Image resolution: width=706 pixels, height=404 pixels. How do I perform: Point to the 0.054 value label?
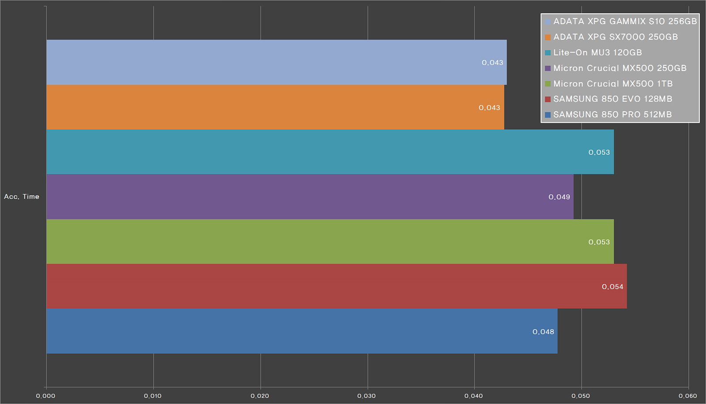pos(612,287)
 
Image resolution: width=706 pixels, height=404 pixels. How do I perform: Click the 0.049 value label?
pos(559,197)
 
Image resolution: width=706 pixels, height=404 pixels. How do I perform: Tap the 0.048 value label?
pos(543,332)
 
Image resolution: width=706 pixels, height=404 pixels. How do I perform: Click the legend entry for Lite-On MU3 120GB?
pos(597,52)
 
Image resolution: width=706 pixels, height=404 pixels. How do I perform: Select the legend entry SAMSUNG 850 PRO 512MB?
pos(612,115)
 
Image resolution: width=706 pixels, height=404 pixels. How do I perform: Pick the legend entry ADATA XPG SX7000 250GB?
pos(616,37)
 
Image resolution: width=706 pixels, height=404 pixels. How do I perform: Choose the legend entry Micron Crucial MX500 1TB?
pos(613,84)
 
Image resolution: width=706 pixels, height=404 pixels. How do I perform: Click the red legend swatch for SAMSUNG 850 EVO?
pos(548,99)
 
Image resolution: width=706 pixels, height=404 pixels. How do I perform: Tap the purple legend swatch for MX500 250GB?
pos(548,68)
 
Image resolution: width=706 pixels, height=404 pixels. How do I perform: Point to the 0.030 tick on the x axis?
pos(367,396)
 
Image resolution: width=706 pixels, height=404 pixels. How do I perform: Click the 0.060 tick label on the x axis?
pos(687,396)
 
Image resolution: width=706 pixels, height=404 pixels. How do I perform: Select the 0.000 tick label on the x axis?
pos(45,396)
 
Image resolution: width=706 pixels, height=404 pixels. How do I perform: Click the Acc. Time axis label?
pos(22,197)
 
